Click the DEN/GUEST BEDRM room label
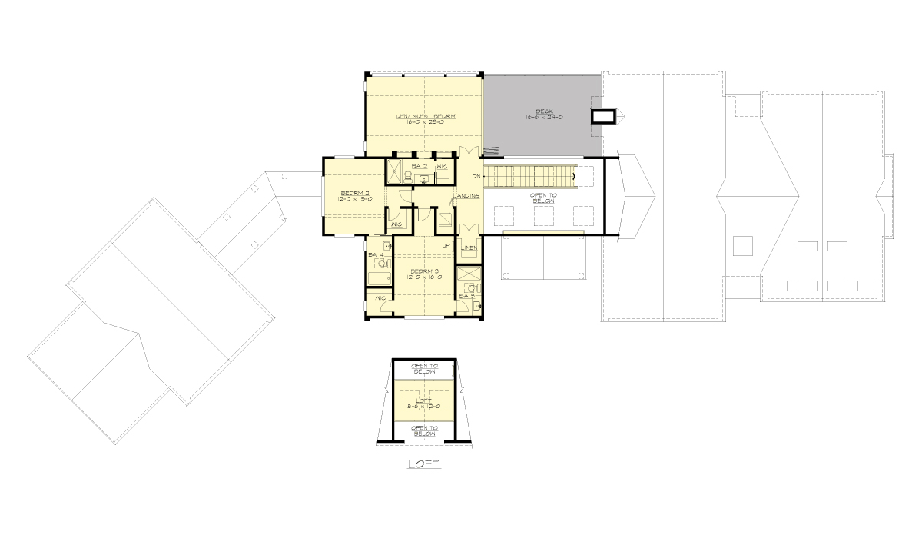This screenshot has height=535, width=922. tap(425, 116)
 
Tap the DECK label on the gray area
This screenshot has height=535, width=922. tap(542, 109)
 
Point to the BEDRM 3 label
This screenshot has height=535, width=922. tap(424, 271)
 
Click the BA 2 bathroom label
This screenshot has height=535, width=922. tap(419, 165)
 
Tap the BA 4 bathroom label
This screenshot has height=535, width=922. tap(375, 254)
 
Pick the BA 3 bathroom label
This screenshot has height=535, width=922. tap(465, 295)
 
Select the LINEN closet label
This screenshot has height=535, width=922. tap(468, 248)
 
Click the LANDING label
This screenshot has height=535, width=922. tap(467, 196)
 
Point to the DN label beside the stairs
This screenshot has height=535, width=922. tap(476, 177)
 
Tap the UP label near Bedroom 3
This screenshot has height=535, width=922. tap(446, 245)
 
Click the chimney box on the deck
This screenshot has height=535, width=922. tap(603, 116)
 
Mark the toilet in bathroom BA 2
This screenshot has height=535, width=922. tap(407, 176)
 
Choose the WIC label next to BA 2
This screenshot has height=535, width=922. tap(442, 166)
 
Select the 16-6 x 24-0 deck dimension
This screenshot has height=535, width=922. tap(542, 117)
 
